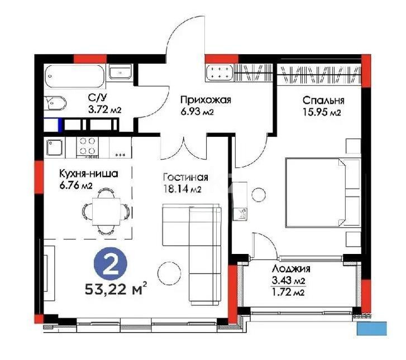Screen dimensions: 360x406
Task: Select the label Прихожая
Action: (205, 100)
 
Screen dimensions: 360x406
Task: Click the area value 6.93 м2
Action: (197, 112)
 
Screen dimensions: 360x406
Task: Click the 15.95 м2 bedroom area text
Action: (322, 113)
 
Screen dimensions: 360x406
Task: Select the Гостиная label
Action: (185, 177)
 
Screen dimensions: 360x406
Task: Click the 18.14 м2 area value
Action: (182, 189)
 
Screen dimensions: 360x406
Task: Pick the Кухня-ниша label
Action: (89, 173)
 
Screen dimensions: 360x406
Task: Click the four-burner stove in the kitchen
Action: (87, 146)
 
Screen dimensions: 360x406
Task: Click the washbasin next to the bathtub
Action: (120, 73)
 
